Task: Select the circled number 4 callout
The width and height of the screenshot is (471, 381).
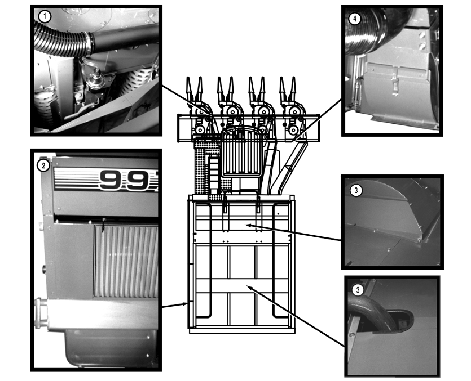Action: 354,19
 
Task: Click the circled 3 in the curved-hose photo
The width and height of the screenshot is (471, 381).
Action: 357,290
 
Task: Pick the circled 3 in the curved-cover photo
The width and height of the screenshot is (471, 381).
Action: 355,190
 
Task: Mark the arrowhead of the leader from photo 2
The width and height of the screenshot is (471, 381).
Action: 187,304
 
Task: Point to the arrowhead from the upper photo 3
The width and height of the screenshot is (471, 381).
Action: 247,225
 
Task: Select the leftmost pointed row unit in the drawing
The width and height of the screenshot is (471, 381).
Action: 193,90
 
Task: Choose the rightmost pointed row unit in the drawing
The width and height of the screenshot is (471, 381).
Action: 288,90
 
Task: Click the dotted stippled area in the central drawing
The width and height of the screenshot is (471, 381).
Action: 201,163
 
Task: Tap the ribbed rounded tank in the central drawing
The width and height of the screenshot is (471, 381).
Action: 241,152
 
